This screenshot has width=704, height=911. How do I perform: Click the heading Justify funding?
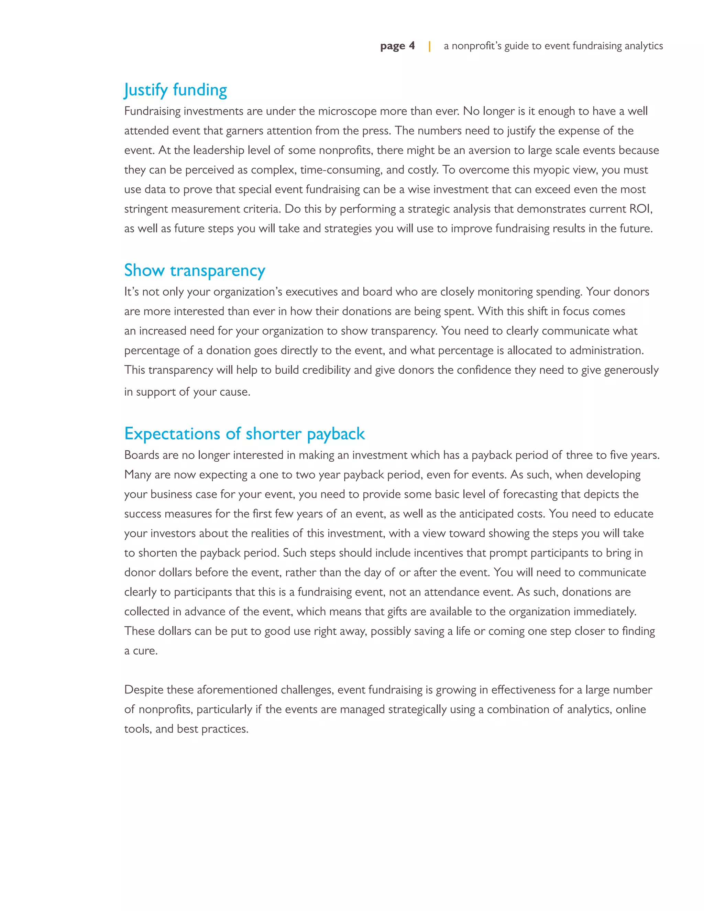[x=176, y=90]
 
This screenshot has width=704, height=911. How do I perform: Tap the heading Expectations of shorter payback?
[x=244, y=434]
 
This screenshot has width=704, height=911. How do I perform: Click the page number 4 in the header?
[x=411, y=45]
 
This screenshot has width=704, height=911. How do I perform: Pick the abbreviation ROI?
[x=640, y=209]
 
